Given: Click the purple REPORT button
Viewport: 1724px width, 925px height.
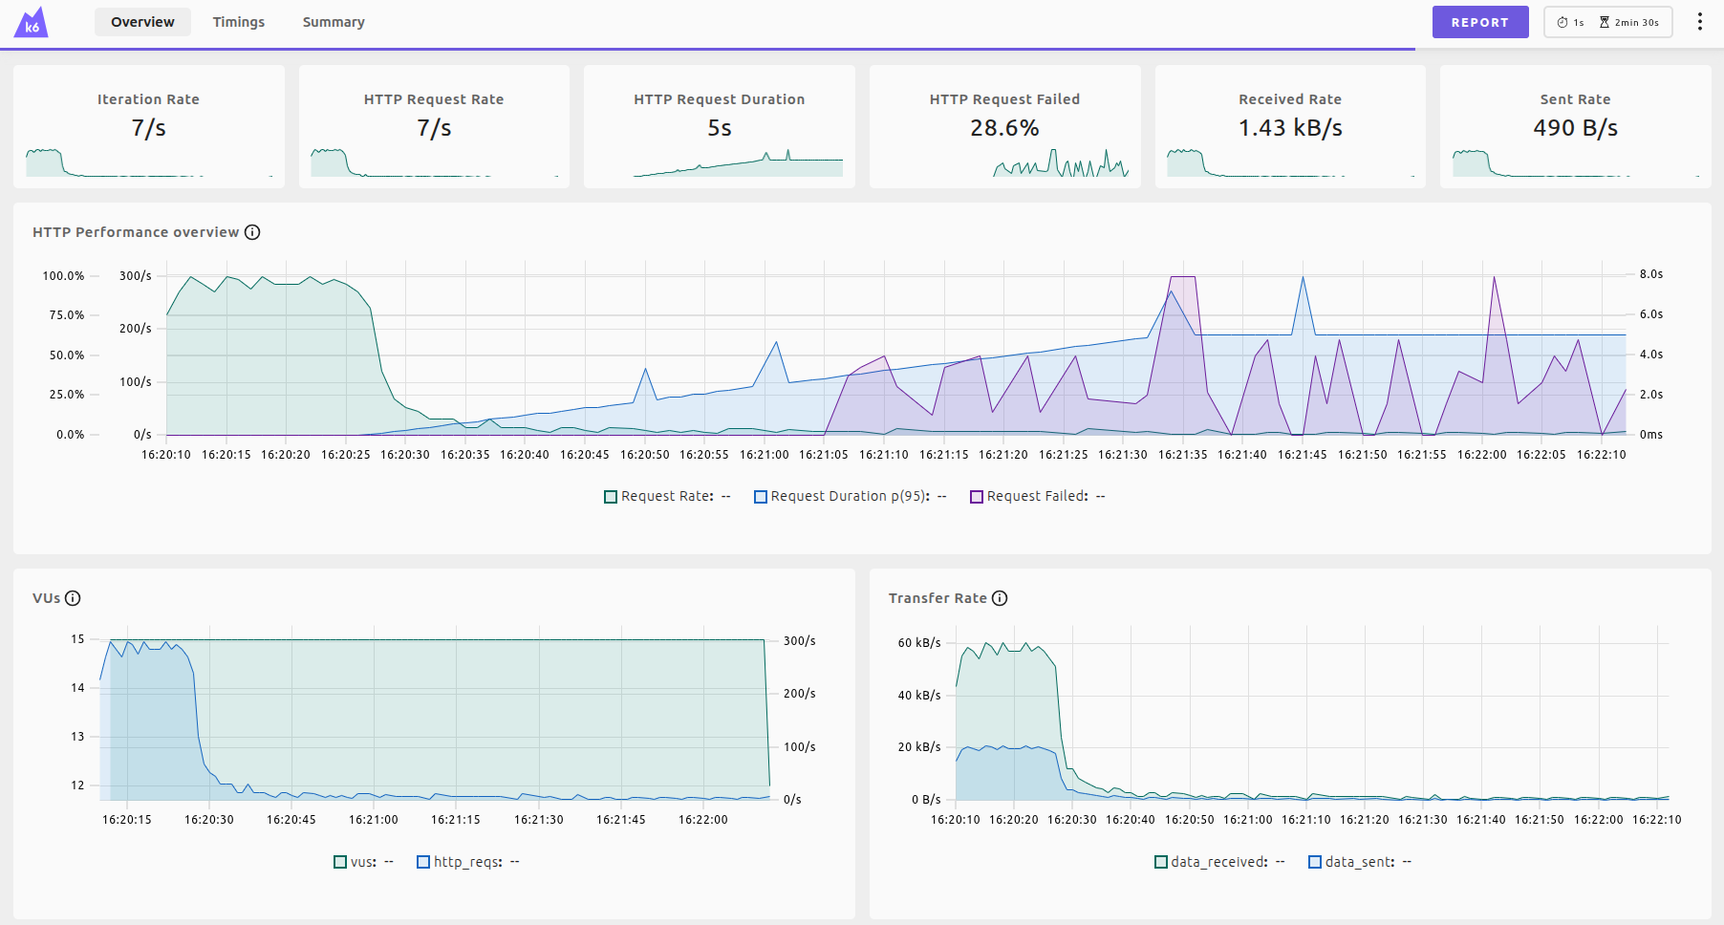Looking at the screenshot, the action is tap(1479, 22).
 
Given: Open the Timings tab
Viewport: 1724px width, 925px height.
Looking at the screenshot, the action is tap(239, 22).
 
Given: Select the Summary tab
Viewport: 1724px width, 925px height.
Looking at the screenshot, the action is tap(334, 22).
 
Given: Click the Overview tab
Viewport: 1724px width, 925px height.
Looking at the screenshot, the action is tap(142, 22).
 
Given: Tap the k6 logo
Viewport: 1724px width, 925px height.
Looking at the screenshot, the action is tap(32, 22).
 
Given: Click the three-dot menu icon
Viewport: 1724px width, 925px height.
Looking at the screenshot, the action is tap(1699, 22).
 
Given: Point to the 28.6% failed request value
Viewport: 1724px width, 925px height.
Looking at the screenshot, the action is tap(1004, 128).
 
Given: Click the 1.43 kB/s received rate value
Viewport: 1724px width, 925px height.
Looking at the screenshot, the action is tap(1290, 128).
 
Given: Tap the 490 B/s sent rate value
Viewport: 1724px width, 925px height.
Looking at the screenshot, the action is tap(1575, 128).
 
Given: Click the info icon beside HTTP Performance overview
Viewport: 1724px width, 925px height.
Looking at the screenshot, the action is tap(252, 232).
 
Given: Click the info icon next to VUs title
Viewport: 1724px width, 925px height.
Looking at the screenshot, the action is tap(73, 598).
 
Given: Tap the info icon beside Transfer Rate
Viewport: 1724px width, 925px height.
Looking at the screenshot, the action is tap(1000, 598).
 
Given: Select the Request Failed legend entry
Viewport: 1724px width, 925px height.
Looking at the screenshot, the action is tap(1037, 496).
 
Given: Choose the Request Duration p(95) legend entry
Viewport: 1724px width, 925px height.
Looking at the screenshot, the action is tap(850, 496).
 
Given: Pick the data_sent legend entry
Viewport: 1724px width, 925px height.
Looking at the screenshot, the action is tap(1359, 862).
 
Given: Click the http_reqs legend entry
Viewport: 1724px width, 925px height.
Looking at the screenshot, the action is tap(467, 862).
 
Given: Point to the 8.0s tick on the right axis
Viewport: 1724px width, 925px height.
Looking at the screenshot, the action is tap(1650, 274).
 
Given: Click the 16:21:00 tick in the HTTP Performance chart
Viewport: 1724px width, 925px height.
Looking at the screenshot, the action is tap(764, 455).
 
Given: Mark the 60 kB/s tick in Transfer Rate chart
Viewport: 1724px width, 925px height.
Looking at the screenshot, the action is tap(918, 643).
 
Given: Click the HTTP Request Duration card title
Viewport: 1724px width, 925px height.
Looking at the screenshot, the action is tap(719, 99).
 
